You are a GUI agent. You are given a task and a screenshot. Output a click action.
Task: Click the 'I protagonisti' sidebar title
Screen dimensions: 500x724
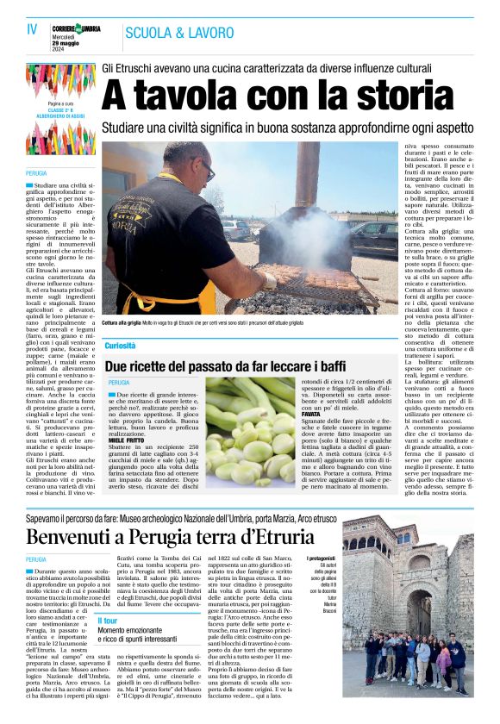point(324,534)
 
